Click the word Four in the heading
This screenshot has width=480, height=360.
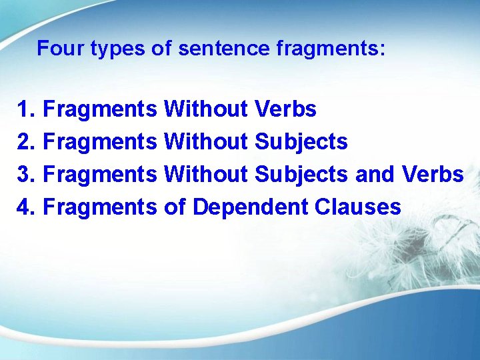(55, 49)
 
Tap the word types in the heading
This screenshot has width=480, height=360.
(107, 49)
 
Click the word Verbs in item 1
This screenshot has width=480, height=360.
(285, 109)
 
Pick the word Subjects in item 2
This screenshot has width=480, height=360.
(301, 141)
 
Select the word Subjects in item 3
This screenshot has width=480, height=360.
(301, 174)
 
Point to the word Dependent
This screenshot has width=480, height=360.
(251, 207)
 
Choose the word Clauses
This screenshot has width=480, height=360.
(358, 207)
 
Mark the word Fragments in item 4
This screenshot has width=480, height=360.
(99, 207)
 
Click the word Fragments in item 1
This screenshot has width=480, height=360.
(99, 109)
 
